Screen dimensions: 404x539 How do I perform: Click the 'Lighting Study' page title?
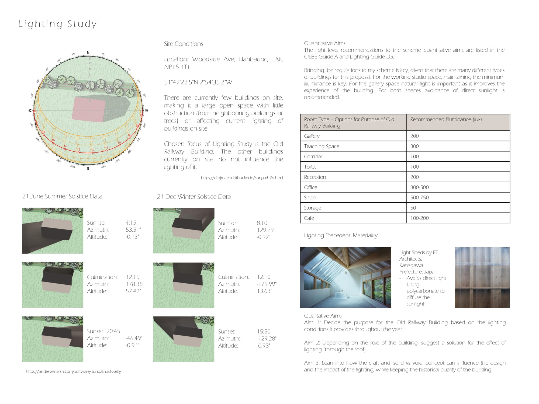point(57,24)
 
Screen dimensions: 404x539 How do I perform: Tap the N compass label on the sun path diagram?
point(88,53)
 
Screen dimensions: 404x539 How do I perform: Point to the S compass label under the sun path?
point(88,169)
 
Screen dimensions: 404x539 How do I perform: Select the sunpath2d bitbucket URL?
point(242,178)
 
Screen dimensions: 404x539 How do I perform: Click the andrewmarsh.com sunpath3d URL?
point(74,371)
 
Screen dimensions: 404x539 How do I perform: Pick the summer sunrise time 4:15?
point(131,223)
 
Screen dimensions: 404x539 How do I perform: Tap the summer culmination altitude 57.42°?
point(133,291)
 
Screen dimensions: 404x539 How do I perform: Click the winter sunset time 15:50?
point(264,332)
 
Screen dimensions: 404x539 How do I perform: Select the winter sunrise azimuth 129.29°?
point(266,230)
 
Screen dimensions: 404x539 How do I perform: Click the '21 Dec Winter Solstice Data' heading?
point(194,197)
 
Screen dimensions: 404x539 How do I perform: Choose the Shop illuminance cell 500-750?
point(419,197)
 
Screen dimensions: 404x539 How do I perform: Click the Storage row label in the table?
point(312,208)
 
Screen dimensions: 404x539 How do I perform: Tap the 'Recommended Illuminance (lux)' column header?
point(446,119)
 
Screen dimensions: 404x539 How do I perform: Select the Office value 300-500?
point(419,187)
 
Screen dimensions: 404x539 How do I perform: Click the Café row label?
point(309,218)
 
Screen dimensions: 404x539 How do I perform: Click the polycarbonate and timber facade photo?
point(482,277)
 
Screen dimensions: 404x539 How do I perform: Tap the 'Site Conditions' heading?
point(184,44)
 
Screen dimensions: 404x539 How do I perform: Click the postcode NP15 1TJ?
point(177,67)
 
